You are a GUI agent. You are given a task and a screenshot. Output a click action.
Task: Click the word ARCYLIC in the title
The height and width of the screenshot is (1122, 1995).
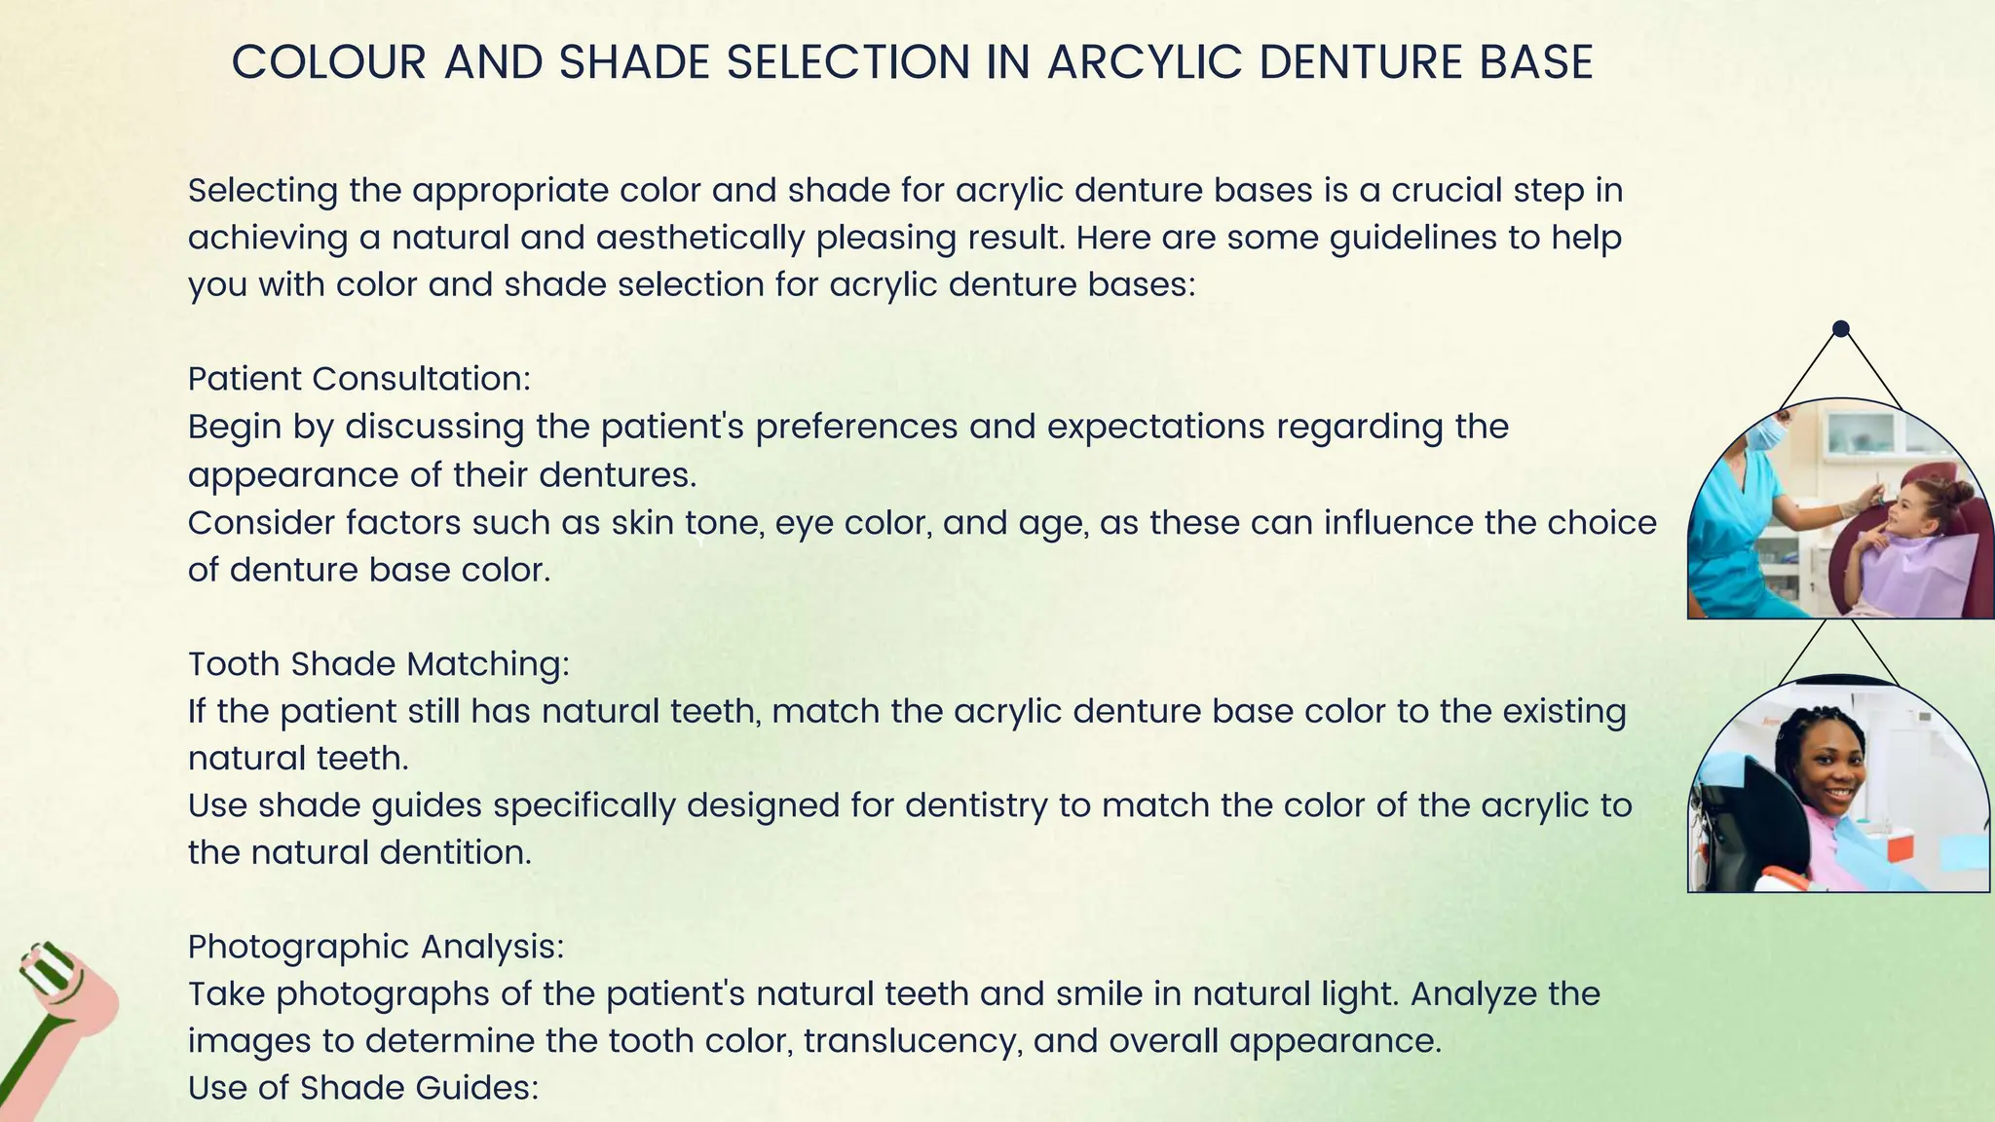pos(1145,62)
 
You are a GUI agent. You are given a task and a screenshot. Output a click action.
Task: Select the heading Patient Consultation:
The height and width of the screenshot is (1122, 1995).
pos(359,379)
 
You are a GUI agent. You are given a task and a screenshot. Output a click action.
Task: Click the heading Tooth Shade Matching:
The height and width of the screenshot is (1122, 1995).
pos(378,663)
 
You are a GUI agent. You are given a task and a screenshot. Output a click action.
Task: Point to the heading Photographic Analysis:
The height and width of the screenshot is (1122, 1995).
pos(376,946)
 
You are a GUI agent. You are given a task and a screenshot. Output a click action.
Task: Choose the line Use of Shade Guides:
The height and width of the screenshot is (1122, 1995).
pos(362,1087)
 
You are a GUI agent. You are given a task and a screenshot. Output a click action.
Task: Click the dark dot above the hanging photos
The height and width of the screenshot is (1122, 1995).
pos(1840,329)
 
